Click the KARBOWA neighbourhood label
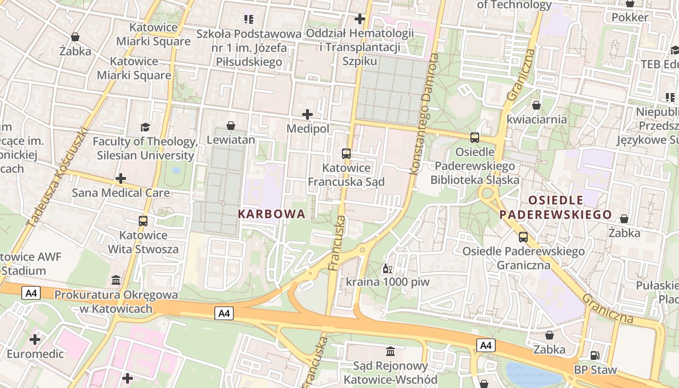click(x=272, y=214)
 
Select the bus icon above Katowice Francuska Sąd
click(x=346, y=154)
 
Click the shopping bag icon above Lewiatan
click(x=231, y=126)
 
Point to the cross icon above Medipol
click(x=307, y=115)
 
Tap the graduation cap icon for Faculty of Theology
click(x=145, y=128)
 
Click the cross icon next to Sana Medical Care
click(x=121, y=178)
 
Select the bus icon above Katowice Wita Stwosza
click(x=143, y=221)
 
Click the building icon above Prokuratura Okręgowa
click(x=116, y=280)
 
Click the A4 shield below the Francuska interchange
click(x=224, y=313)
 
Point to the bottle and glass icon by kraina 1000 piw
click(x=387, y=268)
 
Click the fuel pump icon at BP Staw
click(x=595, y=356)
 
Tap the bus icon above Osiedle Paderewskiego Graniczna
click(x=523, y=237)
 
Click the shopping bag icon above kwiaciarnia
click(x=536, y=105)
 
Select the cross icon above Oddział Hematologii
click(x=359, y=19)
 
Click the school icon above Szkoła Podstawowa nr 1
click(x=249, y=19)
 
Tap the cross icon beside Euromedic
click(x=35, y=339)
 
